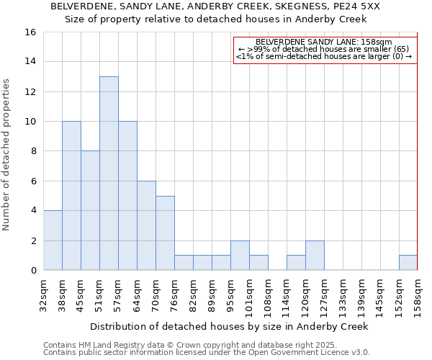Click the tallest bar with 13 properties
(109, 173)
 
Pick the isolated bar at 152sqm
(408, 263)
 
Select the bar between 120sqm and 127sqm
(315, 255)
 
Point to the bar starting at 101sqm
(258, 263)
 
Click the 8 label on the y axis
(34, 151)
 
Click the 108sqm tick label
(269, 294)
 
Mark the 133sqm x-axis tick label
(343, 294)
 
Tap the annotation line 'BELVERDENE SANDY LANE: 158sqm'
(324, 42)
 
